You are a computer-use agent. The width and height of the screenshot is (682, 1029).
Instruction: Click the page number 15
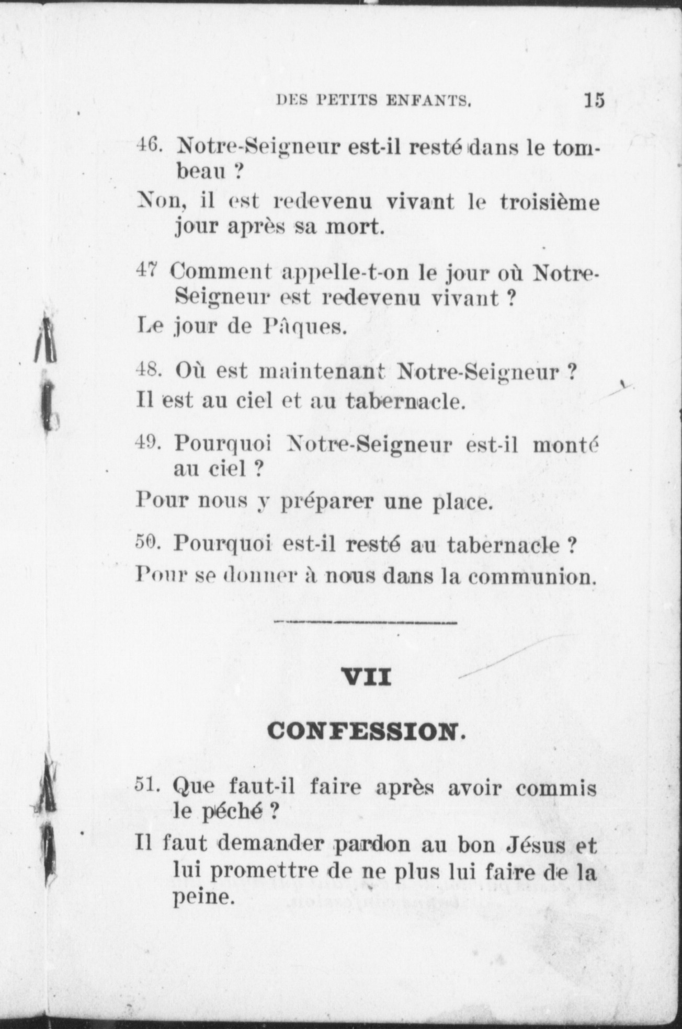pyautogui.click(x=594, y=99)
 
